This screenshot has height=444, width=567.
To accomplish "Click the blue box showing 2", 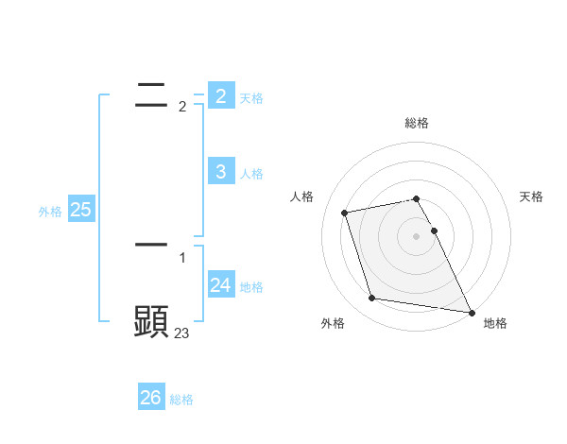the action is click(220, 95).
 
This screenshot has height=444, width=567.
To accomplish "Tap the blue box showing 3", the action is click(220, 171).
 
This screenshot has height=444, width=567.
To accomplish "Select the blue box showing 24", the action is click(220, 284).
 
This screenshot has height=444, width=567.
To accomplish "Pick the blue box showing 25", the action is click(80, 210).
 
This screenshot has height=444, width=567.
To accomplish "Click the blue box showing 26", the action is click(151, 398).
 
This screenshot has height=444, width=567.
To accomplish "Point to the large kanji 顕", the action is click(151, 322).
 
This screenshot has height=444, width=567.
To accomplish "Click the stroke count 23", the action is click(181, 333).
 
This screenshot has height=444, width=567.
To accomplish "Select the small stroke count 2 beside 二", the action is click(182, 107).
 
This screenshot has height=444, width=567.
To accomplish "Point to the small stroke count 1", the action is click(182, 257).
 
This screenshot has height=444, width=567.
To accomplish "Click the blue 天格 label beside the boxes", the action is click(250, 98).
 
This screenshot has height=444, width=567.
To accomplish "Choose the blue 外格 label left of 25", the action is click(50, 212).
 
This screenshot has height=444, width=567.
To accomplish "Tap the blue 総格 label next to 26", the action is click(181, 400).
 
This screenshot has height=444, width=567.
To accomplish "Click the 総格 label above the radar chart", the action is click(417, 123).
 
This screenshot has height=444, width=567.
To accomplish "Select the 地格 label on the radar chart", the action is click(495, 323).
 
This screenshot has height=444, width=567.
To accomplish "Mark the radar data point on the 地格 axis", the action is click(471, 312).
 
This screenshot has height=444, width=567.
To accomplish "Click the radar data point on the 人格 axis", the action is click(345, 213).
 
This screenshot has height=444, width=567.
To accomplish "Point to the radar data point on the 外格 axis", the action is click(372, 299).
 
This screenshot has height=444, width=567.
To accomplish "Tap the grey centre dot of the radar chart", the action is click(417, 236).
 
